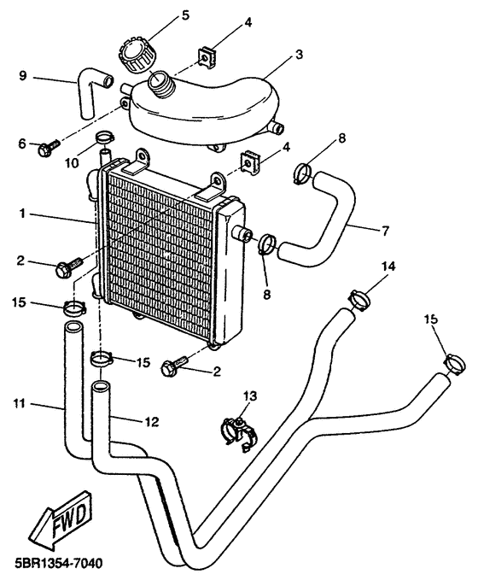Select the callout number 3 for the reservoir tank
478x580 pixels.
pyautogui.click(x=300, y=54)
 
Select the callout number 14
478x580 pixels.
pyautogui.click(x=388, y=267)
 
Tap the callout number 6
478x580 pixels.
pyautogui.click(x=22, y=144)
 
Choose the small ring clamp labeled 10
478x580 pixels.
pyautogui.click(x=104, y=137)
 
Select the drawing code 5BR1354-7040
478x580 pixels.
pyautogui.click(x=57, y=565)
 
